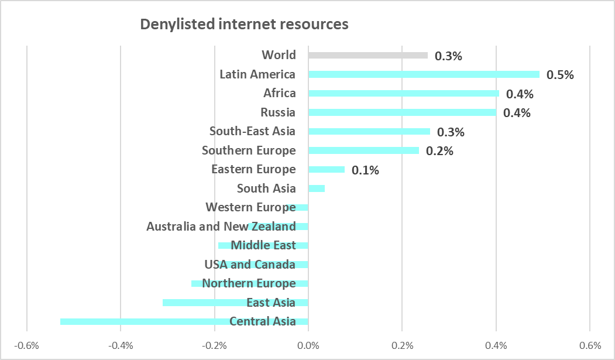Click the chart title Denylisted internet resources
pyautogui.click(x=243, y=25)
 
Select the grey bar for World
pyautogui.click(x=367, y=56)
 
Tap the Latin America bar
pyautogui.click(x=424, y=74)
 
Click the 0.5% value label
pyautogui.click(x=560, y=75)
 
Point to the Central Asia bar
pyautogui.click(x=146, y=321)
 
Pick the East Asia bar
pyautogui.click(x=205, y=303)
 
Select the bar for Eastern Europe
pyautogui.click(x=326, y=170)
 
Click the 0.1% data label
pyautogui.click(x=366, y=171)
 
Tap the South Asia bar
pyautogui.click(x=316, y=188)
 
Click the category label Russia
pyautogui.click(x=278, y=112)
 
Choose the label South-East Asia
pyautogui.click(x=252, y=132)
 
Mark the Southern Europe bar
pyautogui.click(x=363, y=150)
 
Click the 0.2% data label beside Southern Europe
pyautogui.click(x=439, y=151)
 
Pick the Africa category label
pyautogui.click(x=280, y=93)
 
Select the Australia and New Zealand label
pyautogui.click(x=221, y=227)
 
